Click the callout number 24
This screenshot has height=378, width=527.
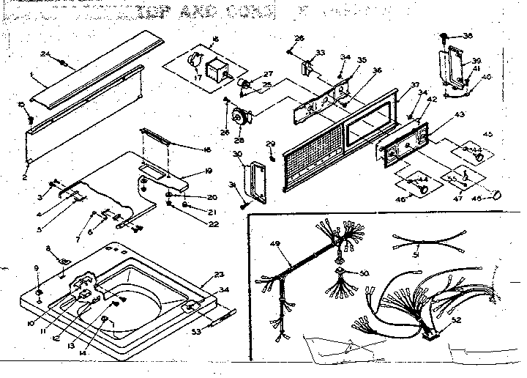pyautogui.click(x=45, y=53)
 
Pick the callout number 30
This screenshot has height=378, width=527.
pyautogui.click(x=236, y=154)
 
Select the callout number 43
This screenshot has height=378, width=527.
pyautogui.click(x=460, y=114)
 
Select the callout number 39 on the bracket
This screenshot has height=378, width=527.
pyautogui.click(x=476, y=62)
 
